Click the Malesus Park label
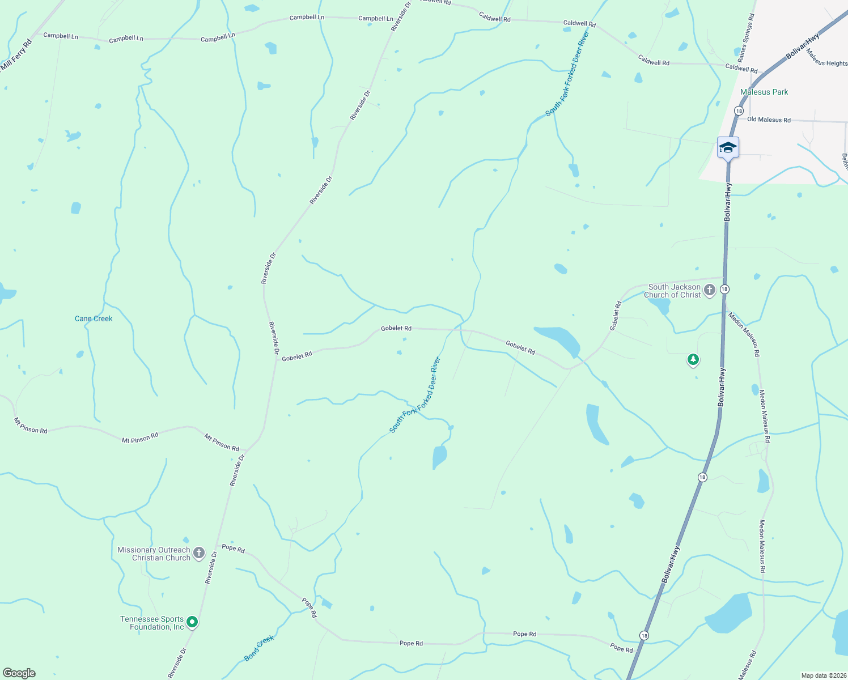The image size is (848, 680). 764,92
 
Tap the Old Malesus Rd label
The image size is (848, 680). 769,120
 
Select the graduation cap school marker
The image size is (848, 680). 728,148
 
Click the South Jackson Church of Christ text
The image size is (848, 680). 673,291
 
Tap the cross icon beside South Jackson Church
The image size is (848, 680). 709,291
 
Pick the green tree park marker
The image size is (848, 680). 693,360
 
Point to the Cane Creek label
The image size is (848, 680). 94,318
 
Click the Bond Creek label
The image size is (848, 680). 259,648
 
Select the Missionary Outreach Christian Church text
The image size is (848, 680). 154,554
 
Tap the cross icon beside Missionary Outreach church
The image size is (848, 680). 198,554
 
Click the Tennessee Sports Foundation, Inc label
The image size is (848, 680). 152,623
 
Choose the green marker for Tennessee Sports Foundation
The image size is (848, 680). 192,623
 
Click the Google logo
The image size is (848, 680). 19,673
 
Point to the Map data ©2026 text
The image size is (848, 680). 823,675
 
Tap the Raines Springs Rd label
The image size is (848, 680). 746,39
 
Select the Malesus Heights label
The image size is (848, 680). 826,58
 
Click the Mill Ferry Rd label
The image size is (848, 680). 16,57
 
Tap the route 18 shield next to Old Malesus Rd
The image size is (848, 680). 739,110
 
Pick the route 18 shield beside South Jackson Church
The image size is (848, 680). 724,290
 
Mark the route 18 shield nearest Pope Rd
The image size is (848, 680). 644,635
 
